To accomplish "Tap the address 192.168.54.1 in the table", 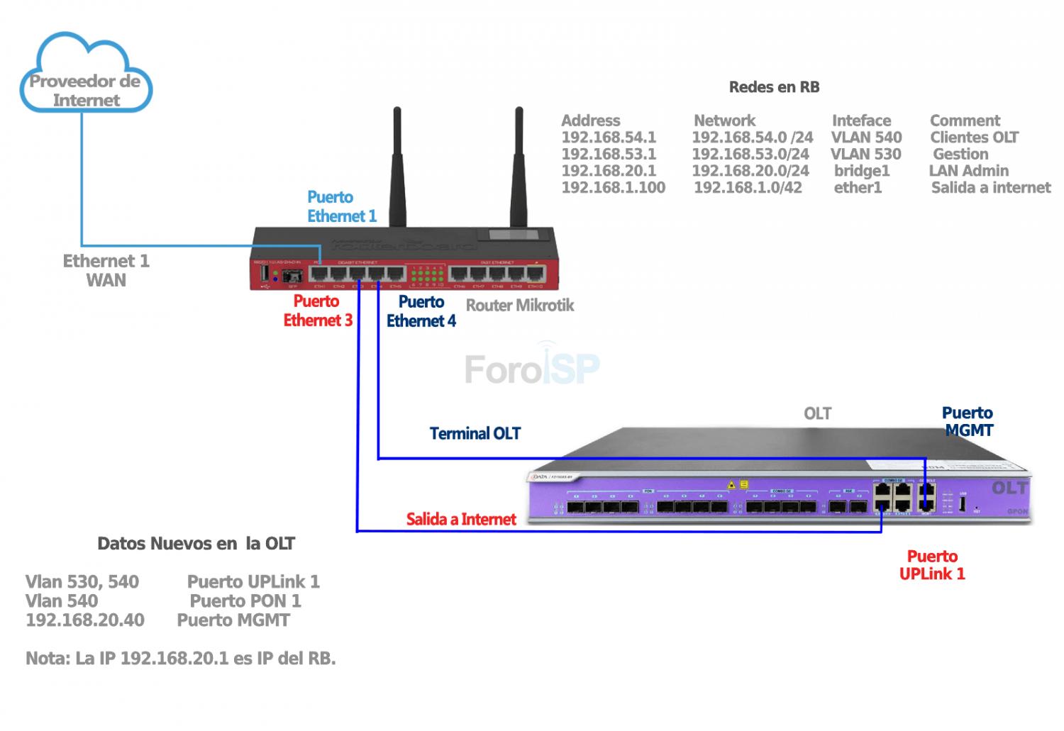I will point(609,138).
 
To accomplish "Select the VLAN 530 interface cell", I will point(866,154).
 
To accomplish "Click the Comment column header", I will point(965,121).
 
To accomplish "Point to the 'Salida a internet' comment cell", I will point(991,188).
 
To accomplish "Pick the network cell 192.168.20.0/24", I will point(750,171).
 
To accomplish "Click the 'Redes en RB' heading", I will point(774,87).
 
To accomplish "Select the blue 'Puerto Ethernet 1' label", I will point(341,206).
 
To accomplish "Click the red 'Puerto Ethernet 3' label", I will point(318,311).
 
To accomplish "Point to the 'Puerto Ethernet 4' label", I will point(421,311).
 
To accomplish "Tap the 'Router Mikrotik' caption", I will point(519,306).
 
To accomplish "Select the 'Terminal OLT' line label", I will point(475,433).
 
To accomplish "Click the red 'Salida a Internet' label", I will point(461,519).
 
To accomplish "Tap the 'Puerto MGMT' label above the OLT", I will point(968,421).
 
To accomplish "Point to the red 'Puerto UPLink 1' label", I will point(932,565).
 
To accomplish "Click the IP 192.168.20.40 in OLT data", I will point(85,620).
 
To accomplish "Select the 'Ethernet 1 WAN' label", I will point(106,270).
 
